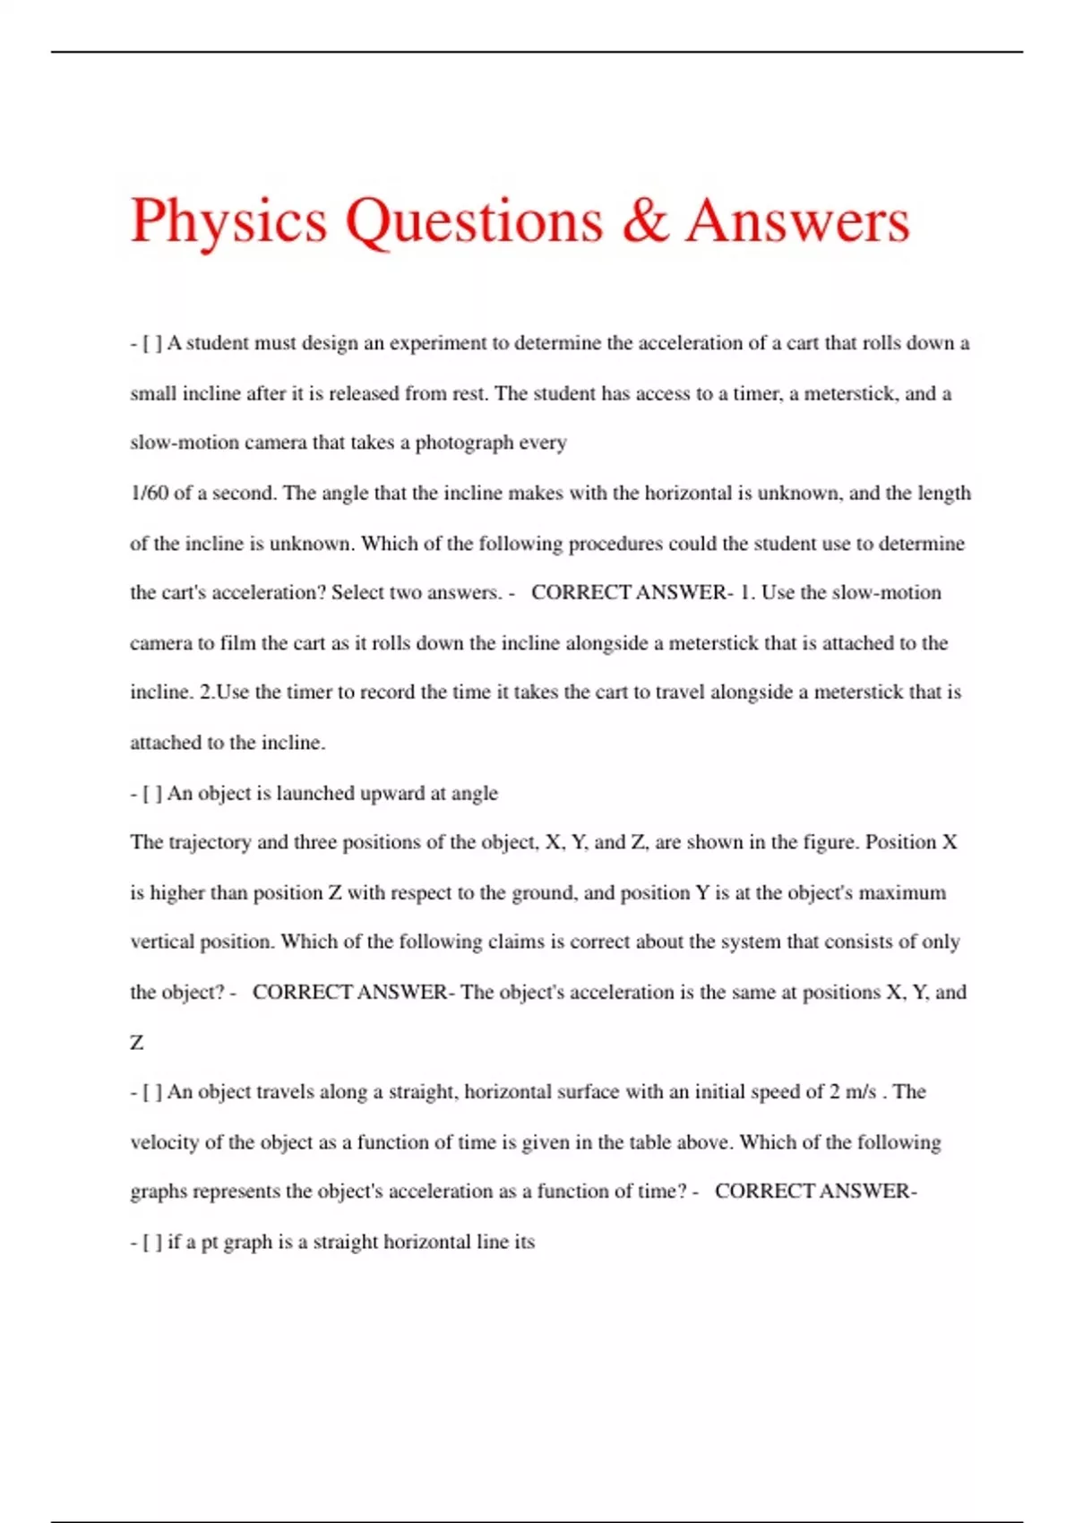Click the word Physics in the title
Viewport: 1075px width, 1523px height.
coord(228,221)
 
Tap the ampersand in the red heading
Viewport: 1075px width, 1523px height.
coord(645,221)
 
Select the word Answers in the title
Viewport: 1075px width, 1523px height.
coord(797,221)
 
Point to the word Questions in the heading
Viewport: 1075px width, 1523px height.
coord(475,221)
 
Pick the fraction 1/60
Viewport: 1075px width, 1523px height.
coord(149,493)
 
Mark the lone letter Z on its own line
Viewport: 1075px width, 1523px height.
coord(137,1042)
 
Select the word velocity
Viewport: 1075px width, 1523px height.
coord(165,1142)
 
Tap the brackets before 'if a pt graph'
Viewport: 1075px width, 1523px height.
coord(151,1242)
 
